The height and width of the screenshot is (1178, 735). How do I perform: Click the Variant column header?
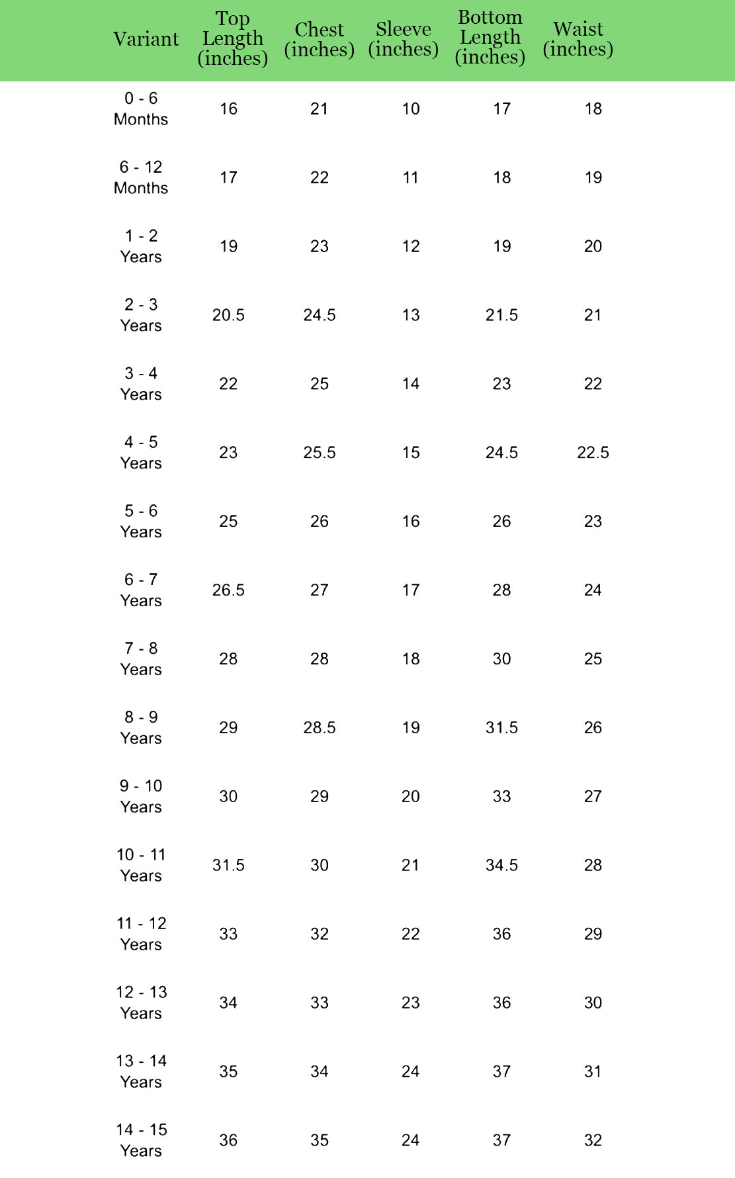146,39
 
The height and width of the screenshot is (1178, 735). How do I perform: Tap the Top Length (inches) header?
232,39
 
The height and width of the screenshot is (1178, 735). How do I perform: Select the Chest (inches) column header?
319,40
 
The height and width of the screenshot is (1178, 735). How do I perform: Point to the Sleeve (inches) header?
403,39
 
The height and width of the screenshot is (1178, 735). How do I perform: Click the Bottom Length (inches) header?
490,38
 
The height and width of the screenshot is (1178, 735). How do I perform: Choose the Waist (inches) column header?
578,39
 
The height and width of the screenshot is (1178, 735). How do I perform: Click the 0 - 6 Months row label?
141,109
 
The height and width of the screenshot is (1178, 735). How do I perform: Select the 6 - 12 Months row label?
141,178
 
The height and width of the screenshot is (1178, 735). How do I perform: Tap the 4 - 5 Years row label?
141,453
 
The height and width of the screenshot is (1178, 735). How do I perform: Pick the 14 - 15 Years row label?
141,1140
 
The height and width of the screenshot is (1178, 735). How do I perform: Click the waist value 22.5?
593,453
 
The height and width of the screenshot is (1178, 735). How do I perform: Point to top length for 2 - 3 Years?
228,315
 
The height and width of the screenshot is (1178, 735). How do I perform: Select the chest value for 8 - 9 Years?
320,728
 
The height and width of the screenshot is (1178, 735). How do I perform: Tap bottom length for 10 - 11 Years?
501,866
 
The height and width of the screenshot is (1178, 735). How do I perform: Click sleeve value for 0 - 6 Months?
411,109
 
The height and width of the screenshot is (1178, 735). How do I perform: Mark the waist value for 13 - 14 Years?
593,1071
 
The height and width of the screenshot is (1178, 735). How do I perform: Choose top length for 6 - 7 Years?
228,590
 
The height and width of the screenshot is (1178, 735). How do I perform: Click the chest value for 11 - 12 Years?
320,934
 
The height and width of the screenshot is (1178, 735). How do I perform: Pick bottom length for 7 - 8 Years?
501,659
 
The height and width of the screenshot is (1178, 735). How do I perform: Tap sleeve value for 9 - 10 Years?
411,797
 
